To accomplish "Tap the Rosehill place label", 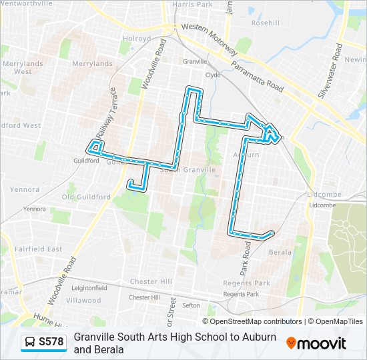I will point(266,22).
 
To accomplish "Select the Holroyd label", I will point(137,39).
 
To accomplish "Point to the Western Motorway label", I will point(210,37).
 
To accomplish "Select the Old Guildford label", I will point(86,197).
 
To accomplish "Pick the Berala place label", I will point(280,253).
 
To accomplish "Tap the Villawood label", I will point(84,301).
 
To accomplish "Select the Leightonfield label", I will point(89,288).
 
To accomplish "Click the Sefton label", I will point(191,305).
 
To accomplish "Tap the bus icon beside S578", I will point(31,342).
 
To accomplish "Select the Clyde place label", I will point(213,75).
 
